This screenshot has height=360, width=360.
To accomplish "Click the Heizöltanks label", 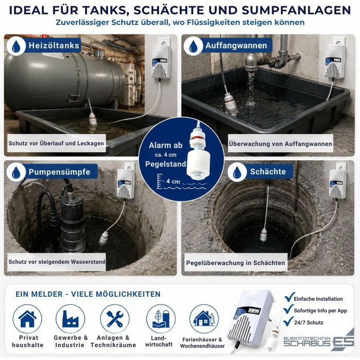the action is (x=54, y=45).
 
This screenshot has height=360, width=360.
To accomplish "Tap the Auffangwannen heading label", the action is (x=236, y=45).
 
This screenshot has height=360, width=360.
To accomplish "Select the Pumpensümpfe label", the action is (x=60, y=172).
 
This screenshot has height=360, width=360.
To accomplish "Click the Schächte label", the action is (x=268, y=171).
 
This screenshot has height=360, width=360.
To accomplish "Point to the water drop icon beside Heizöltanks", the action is (x=16, y=46).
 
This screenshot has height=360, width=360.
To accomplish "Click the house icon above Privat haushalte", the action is (x=27, y=319).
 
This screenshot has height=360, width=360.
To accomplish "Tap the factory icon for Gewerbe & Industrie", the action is (x=70, y=319).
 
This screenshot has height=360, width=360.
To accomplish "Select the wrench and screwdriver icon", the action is (x=115, y=319).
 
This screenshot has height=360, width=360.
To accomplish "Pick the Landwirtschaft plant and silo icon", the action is (x=161, y=319).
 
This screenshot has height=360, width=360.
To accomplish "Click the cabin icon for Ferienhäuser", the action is (x=204, y=319).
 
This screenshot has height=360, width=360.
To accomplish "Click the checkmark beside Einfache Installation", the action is (x=289, y=297).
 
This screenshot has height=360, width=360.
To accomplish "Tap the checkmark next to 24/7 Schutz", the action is (x=289, y=321).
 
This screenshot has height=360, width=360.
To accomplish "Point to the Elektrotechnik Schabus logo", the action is (x=319, y=340).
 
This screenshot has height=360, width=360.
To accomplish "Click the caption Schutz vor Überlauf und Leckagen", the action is (x=56, y=143).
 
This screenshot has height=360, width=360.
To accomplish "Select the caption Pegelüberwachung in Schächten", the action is (x=236, y=263).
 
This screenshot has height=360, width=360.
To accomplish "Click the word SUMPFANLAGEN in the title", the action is (x=296, y=10).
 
